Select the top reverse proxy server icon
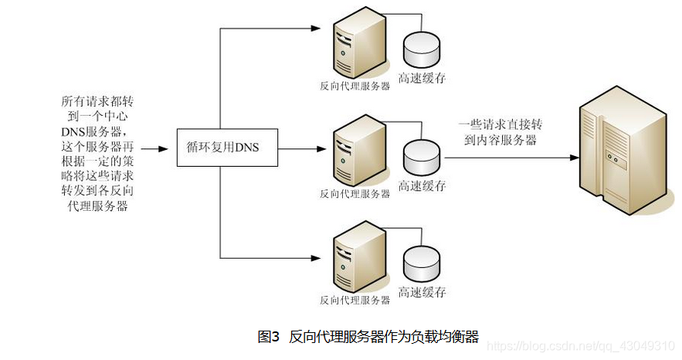[359, 46]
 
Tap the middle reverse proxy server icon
[359, 153]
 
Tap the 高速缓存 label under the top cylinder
[422, 78]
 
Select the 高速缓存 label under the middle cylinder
[422, 186]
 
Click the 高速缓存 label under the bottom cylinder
[422, 293]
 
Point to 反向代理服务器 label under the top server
[355, 87]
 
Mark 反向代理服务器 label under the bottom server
[355, 300]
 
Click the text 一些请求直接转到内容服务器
[498, 132]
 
